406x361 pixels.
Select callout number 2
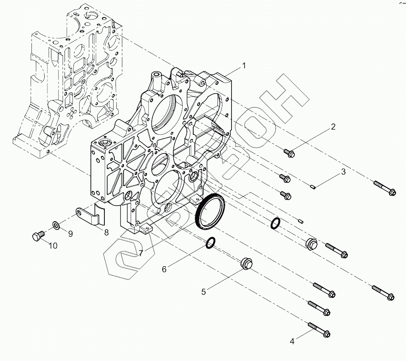[333, 127]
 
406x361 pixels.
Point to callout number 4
[292, 341]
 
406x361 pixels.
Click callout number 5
[204, 292]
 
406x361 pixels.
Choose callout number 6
[164, 269]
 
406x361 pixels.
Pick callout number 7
[140, 253]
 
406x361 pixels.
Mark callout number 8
[106, 233]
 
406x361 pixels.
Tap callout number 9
[70, 234]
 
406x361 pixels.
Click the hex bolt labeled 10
[37, 236]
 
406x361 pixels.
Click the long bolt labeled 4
[320, 330]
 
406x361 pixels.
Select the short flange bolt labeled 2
[289, 152]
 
